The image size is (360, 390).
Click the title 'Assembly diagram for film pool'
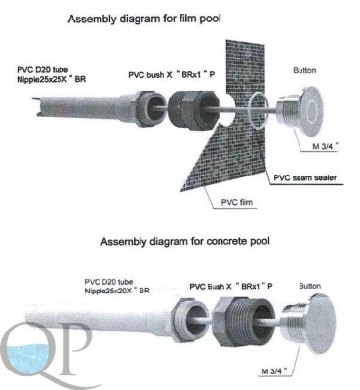pyautogui.click(x=144, y=19)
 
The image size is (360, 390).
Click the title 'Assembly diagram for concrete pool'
pyautogui.click(x=185, y=242)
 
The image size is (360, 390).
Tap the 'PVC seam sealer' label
pyautogui.click(x=304, y=177)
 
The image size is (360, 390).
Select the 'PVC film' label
pyautogui.click(x=237, y=202)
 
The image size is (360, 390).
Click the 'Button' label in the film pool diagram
pyautogui.click(x=304, y=70)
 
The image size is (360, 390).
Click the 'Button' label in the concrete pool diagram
pyautogui.click(x=309, y=286)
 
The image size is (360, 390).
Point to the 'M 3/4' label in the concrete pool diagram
pyautogui.click(x=275, y=370)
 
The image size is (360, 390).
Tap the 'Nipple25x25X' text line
pyautogui.click(x=52, y=78)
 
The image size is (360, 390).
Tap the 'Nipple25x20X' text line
pyautogui.click(x=117, y=291)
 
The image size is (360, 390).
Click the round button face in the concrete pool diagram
pyautogui.click(x=320, y=326)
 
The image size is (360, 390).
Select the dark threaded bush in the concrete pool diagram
pyautogui.click(x=243, y=322)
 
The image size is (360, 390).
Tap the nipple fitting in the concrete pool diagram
pyautogui.click(x=189, y=320)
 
